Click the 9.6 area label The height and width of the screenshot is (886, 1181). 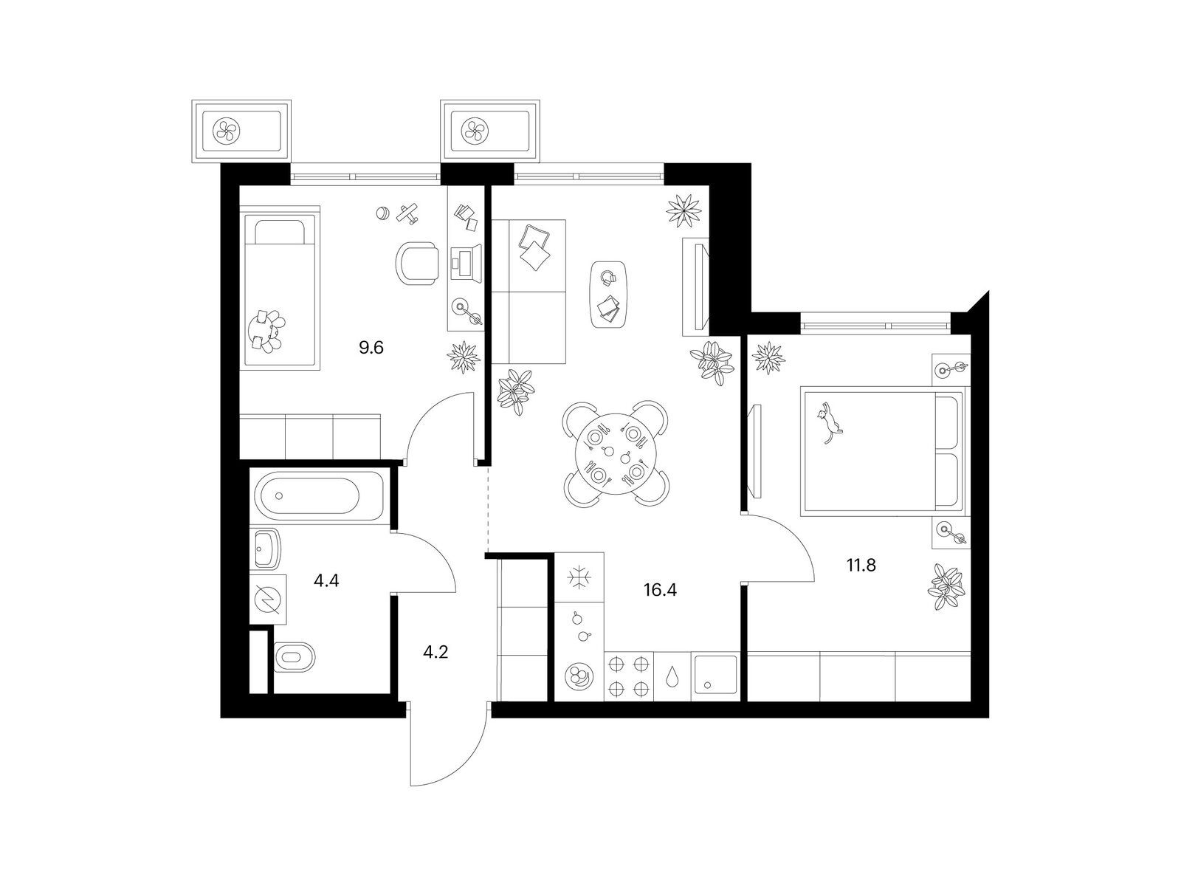point(371,348)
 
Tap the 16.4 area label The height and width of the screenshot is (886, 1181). point(660,590)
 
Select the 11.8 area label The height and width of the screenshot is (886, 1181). point(861,566)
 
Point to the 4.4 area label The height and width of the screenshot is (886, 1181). point(326,581)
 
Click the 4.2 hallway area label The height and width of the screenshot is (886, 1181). point(435,653)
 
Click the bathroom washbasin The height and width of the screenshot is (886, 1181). point(267,549)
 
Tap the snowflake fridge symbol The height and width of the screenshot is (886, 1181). point(579,578)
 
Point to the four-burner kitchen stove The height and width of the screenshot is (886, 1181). point(628,677)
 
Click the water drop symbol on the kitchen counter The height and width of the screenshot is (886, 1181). point(672,677)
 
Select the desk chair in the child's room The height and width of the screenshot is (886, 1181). point(416,264)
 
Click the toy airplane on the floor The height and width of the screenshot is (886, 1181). point(409,213)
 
